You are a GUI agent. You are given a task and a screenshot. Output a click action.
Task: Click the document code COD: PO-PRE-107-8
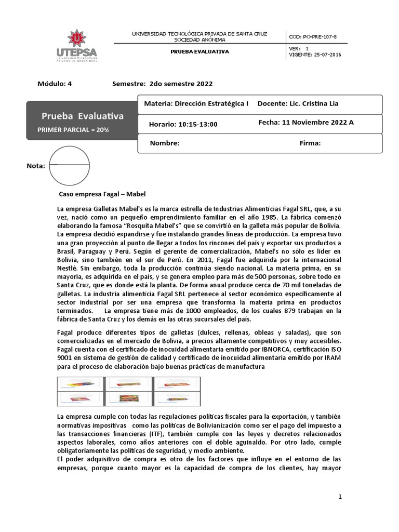tap(313, 36)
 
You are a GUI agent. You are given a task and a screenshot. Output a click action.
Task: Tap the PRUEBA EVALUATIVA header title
tap(200, 51)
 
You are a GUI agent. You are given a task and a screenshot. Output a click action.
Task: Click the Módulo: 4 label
tap(55, 84)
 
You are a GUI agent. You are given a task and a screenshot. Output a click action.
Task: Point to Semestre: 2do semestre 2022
tap(162, 84)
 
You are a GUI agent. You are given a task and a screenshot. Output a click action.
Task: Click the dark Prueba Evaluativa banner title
tap(83, 116)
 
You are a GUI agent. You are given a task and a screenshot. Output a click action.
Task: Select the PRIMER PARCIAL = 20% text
tap(73, 129)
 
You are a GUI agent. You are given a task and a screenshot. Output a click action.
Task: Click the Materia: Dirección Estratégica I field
tap(196, 103)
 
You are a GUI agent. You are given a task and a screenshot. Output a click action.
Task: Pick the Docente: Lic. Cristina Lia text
tap(298, 103)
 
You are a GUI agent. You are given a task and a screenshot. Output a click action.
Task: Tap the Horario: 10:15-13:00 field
tap(183, 124)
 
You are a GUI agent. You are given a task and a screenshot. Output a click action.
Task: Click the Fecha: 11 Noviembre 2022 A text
tap(305, 123)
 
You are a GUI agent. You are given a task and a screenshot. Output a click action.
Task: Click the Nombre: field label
tap(165, 143)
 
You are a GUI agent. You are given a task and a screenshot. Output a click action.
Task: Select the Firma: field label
tap(310, 143)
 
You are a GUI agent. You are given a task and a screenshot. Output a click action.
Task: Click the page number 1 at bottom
tap(340, 497)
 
